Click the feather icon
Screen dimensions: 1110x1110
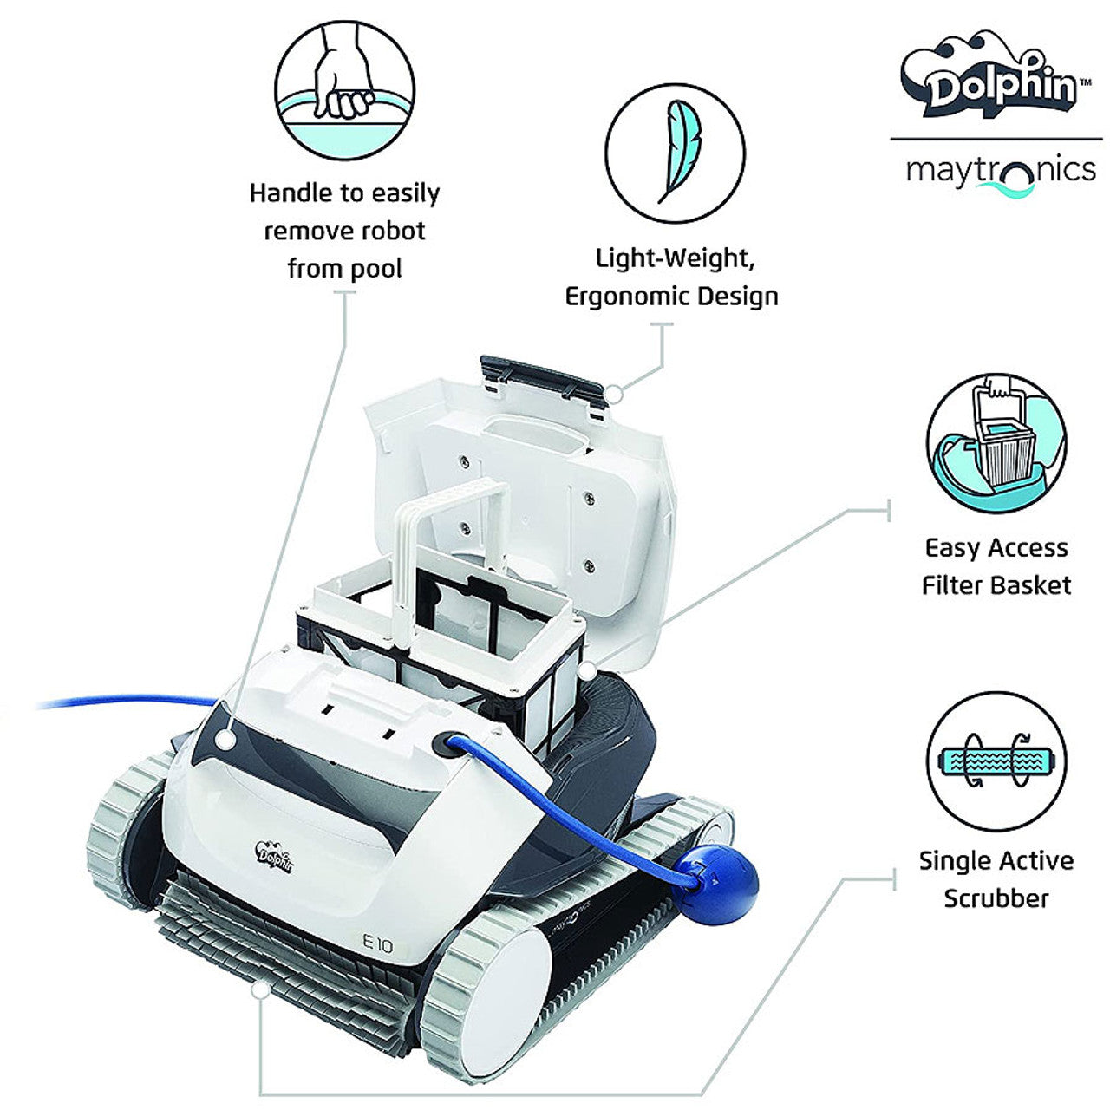(x=675, y=153)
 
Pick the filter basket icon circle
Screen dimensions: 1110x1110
(x=996, y=444)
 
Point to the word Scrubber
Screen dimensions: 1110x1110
(x=996, y=898)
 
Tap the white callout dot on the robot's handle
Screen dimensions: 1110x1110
(x=226, y=740)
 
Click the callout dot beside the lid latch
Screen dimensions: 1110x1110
(x=613, y=393)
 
